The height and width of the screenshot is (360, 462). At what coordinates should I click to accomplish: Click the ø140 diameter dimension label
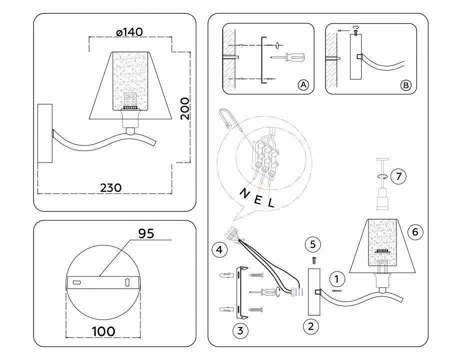(x=129, y=32)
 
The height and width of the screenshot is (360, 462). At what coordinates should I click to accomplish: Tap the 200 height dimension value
(x=185, y=108)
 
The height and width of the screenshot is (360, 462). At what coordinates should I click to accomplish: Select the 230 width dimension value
(x=111, y=187)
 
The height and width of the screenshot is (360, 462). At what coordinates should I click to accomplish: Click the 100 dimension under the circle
(x=103, y=330)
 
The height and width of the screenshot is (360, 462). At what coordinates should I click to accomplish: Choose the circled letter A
(x=303, y=85)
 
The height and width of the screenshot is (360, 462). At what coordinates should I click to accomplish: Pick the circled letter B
(x=406, y=85)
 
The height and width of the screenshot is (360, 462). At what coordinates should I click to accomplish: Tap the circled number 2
(x=311, y=326)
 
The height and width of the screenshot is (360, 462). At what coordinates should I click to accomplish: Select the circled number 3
(x=240, y=330)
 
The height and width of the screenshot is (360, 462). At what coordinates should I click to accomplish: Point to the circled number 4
(x=217, y=249)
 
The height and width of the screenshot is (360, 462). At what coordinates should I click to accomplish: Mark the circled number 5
(x=313, y=244)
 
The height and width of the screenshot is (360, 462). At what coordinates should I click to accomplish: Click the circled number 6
(x=416, y=231)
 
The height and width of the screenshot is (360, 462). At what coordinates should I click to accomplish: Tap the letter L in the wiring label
(x=271, y=203)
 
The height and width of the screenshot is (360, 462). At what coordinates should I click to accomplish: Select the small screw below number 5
(x=314, y=260)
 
